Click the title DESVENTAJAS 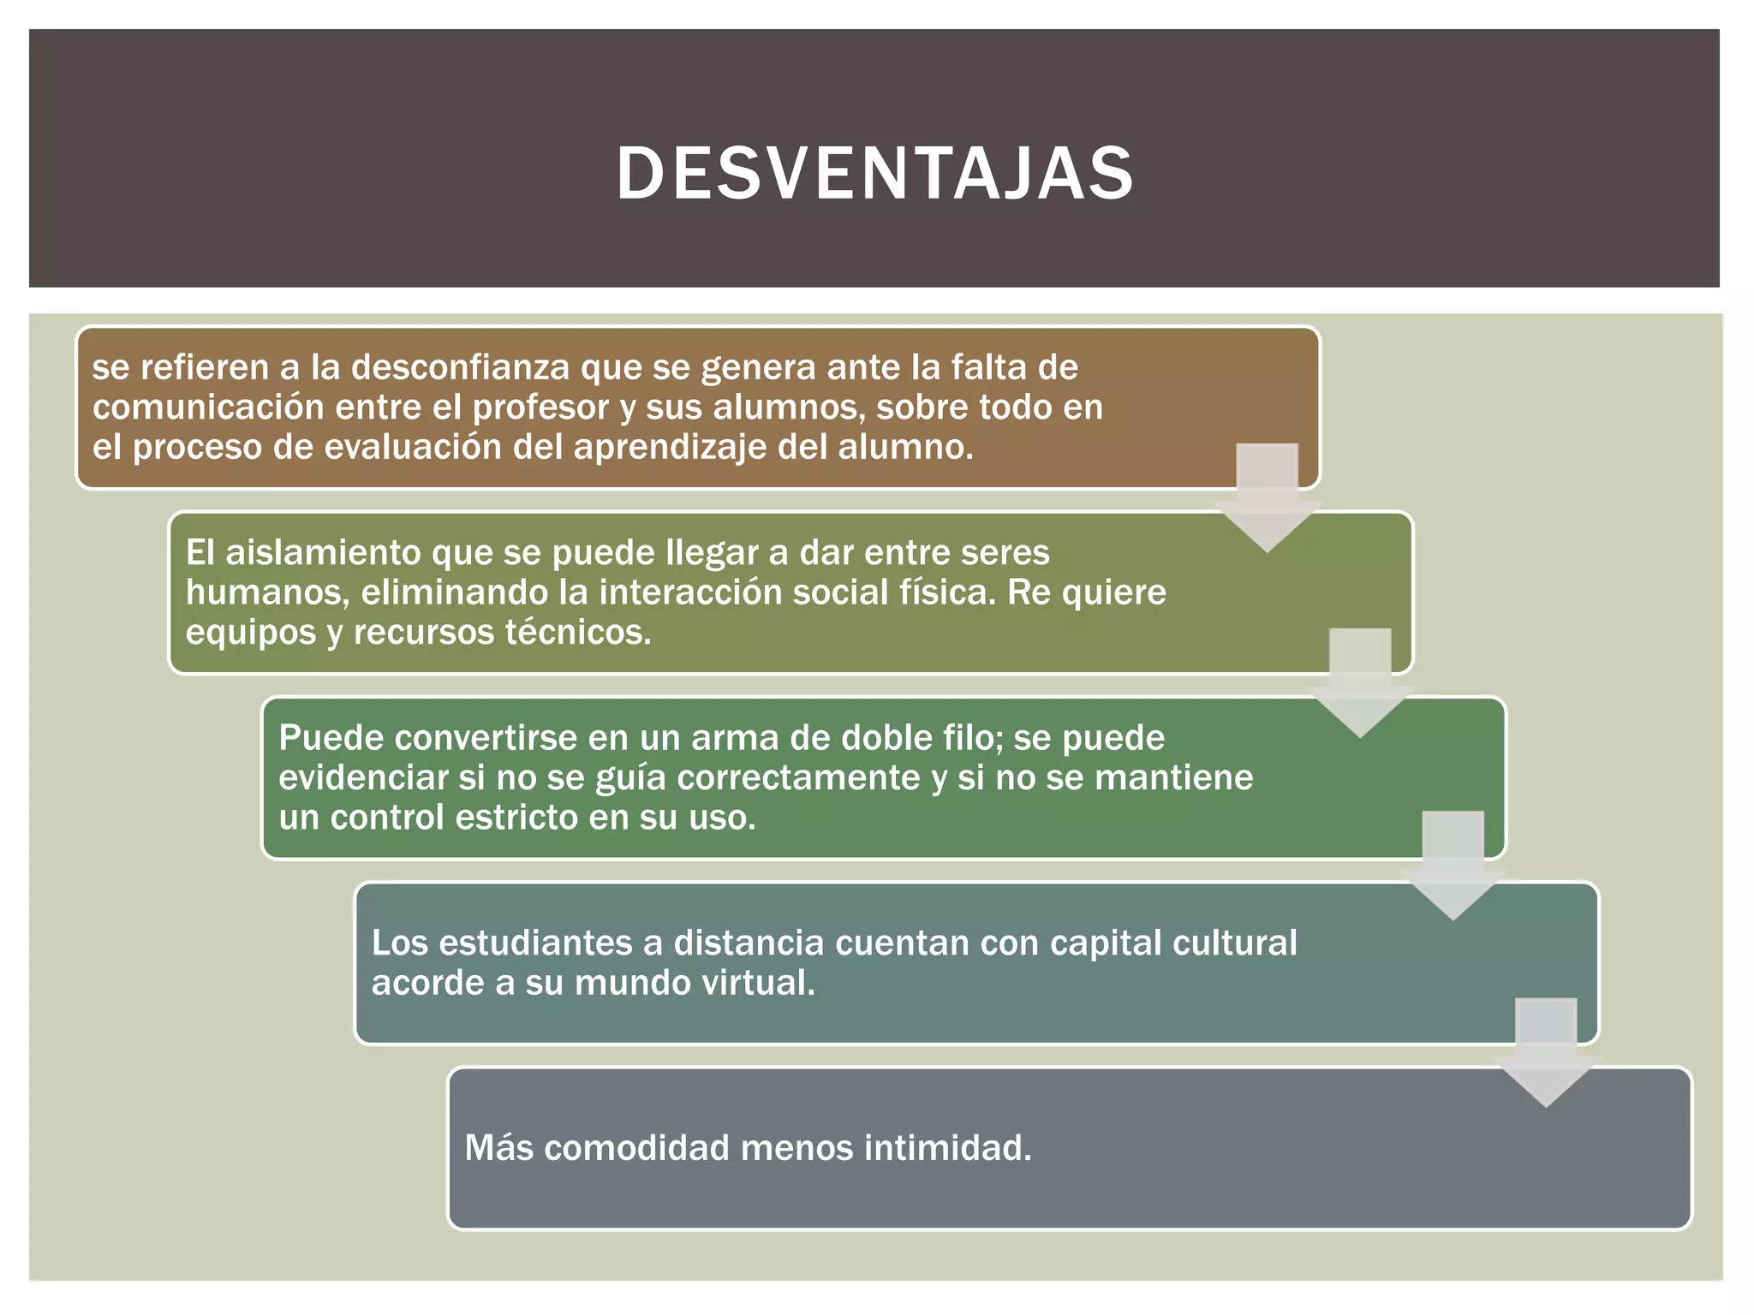point(875,174)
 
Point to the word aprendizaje point(670,447)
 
